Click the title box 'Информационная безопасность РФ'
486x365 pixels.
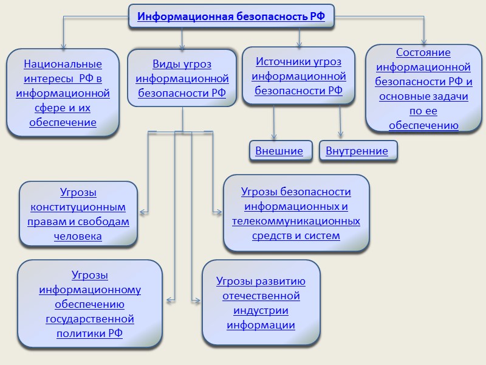(x=231, y=16)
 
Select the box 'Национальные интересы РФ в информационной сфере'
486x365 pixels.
(x=63, y=93)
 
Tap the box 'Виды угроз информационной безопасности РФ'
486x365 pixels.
(x=182, y=78)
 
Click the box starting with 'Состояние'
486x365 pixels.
(x=424, y=89)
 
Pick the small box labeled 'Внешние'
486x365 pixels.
(x=279, y=151)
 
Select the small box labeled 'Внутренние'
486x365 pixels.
(x=357, y=151)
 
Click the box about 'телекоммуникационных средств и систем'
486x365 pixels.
(x=296, y=214)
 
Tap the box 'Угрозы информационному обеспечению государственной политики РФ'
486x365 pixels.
(x=90, y=304)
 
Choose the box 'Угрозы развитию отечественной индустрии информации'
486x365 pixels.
(x=261, y=303)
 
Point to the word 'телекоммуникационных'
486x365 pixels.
(x=296, y=221)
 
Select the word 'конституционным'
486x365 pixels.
(x=78, y=207)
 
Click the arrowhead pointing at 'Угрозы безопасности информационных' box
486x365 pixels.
(x=219, y=212)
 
